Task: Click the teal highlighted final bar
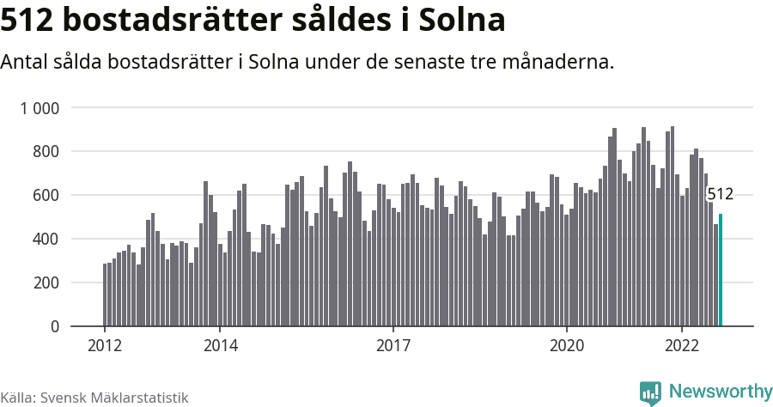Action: point(721,270)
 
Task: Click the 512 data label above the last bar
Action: point(720,195)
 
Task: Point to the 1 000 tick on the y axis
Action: point(40,108)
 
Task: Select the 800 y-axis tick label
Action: point(46,152)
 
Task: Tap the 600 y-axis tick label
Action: point(46,196)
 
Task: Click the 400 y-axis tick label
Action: point(46,240)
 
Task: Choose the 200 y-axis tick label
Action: point(46,283)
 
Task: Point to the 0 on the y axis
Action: point(55,327)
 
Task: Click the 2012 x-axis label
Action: point(104,347)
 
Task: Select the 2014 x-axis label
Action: point(220,347)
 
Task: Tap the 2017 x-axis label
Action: point(393,347)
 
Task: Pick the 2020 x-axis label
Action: point(566,347)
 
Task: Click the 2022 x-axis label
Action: point(682,347)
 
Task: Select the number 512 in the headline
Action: point(30,21)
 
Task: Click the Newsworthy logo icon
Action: point(650,392)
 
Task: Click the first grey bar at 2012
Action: point(105,295)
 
